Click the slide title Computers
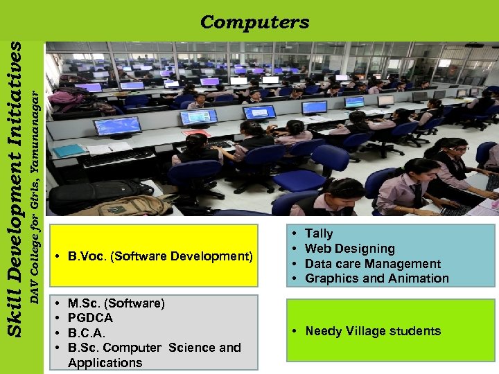point(254,22)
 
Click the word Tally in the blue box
point(319,234)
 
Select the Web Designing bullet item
point(349,249)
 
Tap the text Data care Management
point(372,264)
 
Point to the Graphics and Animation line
point(376,278)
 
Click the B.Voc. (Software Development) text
point(160,256)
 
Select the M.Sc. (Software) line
point(116,303)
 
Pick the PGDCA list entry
point(90,318)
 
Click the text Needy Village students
point(373,331)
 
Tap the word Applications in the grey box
point(105,363)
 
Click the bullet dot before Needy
point(295,331)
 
